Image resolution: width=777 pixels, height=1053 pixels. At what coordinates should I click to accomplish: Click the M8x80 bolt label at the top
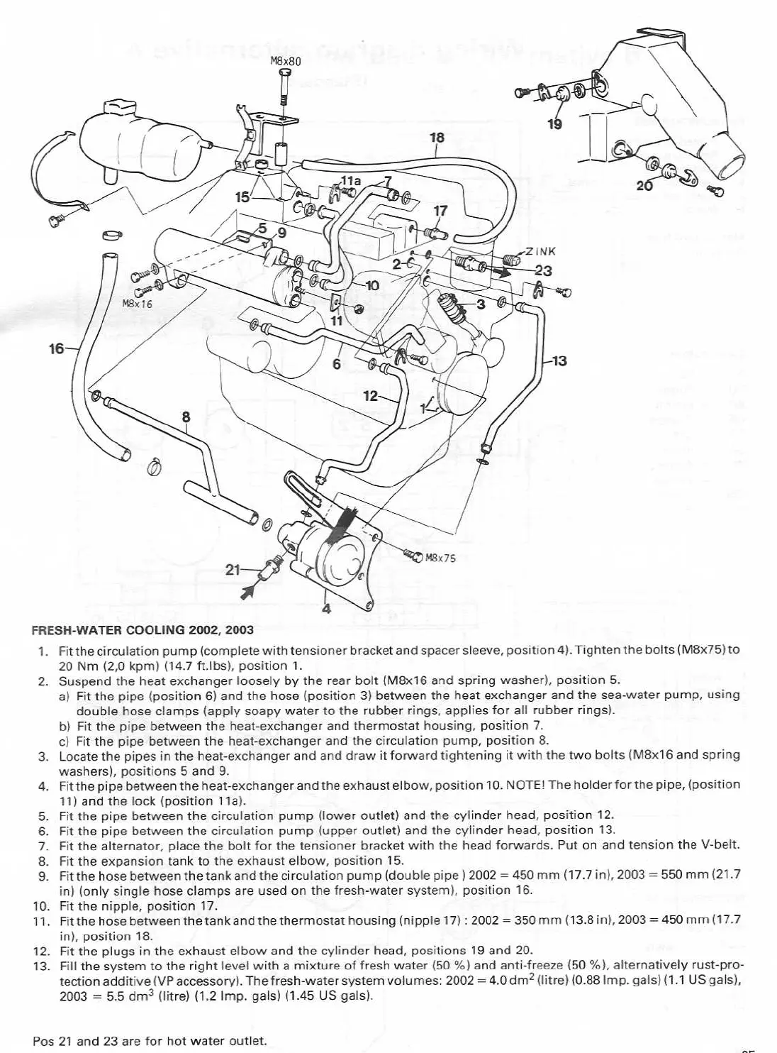coord(286,62)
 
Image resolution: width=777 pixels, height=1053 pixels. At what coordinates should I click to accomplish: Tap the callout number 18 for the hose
coord(437,137)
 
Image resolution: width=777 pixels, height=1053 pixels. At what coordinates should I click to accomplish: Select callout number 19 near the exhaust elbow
coord(555,125)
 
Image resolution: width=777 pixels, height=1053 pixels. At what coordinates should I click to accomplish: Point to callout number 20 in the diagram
coord(644,186)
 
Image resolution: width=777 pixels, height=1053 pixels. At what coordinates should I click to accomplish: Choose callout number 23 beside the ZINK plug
coord(543,270)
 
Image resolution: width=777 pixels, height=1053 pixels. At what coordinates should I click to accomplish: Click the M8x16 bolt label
coord(138,303)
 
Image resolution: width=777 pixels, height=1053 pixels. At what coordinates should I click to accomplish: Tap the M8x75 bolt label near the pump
coord(440,558)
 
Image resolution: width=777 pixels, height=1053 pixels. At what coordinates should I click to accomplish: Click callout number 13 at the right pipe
coord(559,361)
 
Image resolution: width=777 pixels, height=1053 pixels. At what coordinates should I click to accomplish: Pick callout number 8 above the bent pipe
coord(186,417)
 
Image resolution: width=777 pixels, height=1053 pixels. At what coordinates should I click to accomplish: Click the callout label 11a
coord(351,181)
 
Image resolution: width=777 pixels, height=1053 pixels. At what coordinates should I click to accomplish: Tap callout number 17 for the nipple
coord(440,211)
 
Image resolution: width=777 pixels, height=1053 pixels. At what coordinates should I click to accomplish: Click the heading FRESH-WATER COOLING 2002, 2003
coord(142,629)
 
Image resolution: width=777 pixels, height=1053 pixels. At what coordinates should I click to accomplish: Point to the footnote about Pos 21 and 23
coord(150,1041)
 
